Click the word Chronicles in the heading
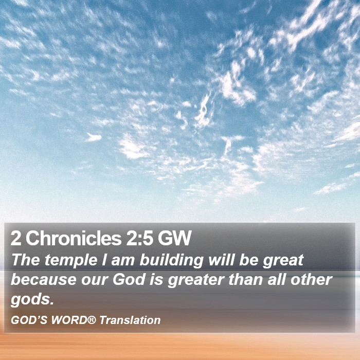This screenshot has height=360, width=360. pos(73,238)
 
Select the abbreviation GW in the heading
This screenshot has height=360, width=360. pos(174,238)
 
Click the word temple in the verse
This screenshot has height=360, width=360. pos(71,261)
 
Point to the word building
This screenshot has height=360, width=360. pos(172,261)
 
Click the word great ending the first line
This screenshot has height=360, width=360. pos(283,261)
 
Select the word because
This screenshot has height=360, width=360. pos(44,280)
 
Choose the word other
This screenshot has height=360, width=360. pos(311,280)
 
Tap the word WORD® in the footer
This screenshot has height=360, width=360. pos(73,320)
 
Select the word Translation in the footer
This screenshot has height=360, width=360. pos(130,320)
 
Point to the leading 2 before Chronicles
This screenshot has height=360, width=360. pos(16,238)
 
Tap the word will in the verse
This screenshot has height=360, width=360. pos(221,260)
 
